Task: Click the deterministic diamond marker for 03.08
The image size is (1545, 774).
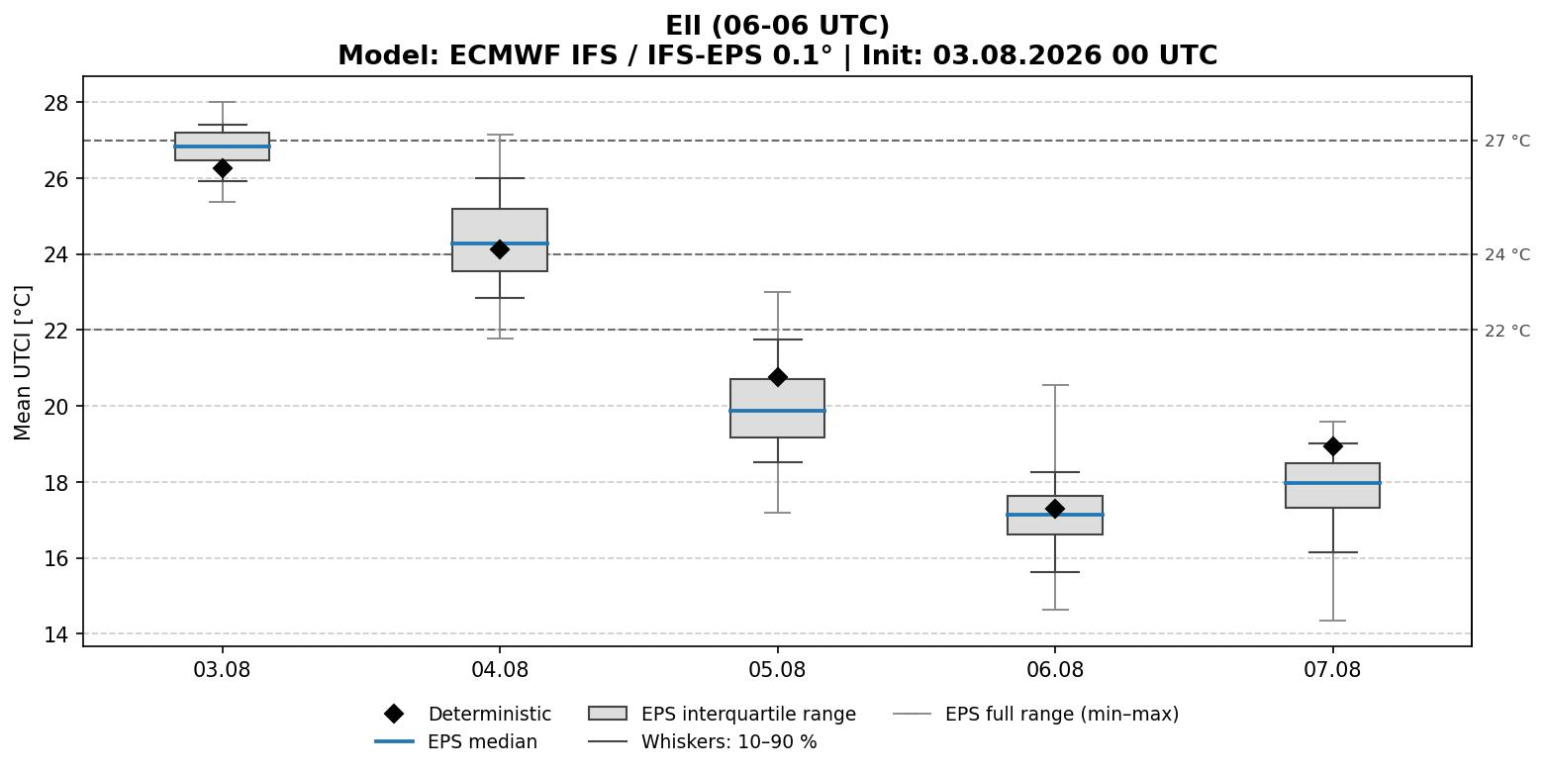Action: pyautogui.click(x=222, y=168)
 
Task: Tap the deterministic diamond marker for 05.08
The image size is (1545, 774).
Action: pyautogui.click(x=777, y=377)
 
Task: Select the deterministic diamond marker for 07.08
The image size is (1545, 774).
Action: pyautogui.click(x=1332, y=446)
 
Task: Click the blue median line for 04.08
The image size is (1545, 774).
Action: pyautogui.click(x=500, y=243)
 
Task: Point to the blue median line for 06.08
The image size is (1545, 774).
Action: pyautogui.click(x=1055, y=515)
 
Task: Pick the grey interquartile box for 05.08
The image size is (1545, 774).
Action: pyautogui.click(x=777, y=408)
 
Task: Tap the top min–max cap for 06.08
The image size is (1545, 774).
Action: pyautogui.click(x=1055, y=385)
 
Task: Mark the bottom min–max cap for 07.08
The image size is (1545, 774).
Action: pyautogui.click(x=1332, y=621)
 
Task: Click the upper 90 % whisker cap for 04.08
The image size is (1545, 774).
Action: pyautogui.click(x=500, y=178)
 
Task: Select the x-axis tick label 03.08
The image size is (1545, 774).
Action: pyautogui.click(x=222, y=670)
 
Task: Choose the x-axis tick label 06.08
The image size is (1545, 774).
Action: pyautogui.click(x=1055, y=670)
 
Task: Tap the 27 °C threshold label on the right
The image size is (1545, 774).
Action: pyautogui.click(x=1507, y=141)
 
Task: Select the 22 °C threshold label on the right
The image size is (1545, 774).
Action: pyautogui.click(x=1507, y=331)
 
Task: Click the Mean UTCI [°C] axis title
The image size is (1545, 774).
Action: pyautogui.click(x=23, y=362)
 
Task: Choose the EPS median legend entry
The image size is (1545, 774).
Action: pyautogui.click(x=456, y=741)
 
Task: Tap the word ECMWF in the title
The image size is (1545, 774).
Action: pyautogui.click(x=506, y=55)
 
